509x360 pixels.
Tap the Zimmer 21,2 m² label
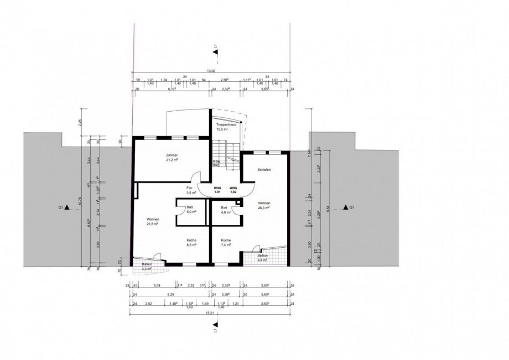tap(172, 157)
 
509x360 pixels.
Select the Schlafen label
tap(264, 170)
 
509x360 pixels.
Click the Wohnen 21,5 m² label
tap(153, 222)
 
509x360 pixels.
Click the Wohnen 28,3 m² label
tap(263, 206)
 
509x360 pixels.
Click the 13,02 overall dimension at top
tap(211, 71)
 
